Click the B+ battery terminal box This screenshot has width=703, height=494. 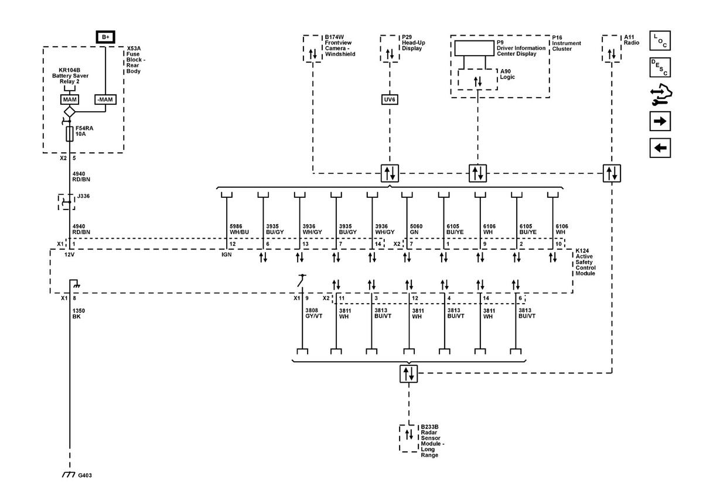(105, 37)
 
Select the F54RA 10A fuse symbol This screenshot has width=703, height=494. (70, 134)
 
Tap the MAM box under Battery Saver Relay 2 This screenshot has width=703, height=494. (69, 100)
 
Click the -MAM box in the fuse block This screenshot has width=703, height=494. (105, 100)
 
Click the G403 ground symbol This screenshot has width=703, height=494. (69, 475)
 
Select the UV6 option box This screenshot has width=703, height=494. (390, 100)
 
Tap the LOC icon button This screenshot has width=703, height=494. (660, 41)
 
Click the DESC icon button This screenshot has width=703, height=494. (660, 67)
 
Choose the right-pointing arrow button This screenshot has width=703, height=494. (660, 121)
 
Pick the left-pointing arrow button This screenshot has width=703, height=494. (660, 147)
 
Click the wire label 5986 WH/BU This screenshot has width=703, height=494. (240, 229)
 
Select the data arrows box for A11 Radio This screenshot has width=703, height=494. (612, 54)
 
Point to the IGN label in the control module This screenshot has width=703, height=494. (226, 255)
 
